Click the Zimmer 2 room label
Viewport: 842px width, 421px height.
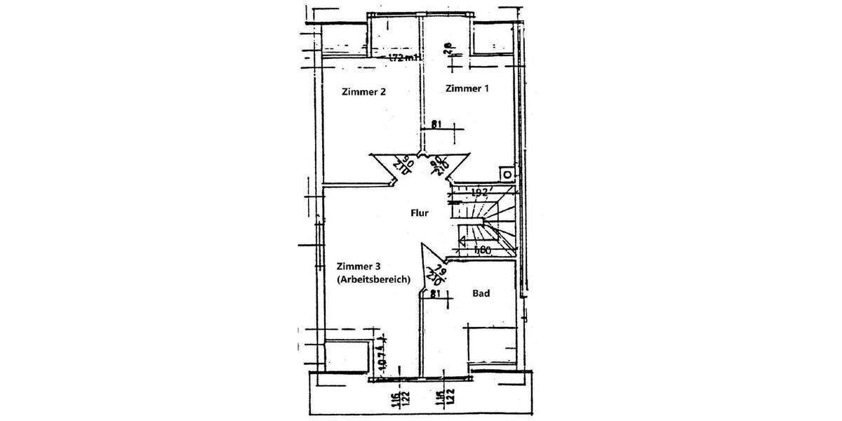363,92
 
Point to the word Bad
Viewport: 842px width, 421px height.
481,293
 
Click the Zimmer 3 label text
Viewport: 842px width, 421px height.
359,266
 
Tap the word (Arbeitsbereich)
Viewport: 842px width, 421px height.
373,279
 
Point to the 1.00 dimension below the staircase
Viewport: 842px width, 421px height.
481,249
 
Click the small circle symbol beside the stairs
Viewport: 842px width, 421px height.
504,173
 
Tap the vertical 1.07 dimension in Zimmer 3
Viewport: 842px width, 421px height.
382,356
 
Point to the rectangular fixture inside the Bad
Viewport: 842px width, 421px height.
493,347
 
